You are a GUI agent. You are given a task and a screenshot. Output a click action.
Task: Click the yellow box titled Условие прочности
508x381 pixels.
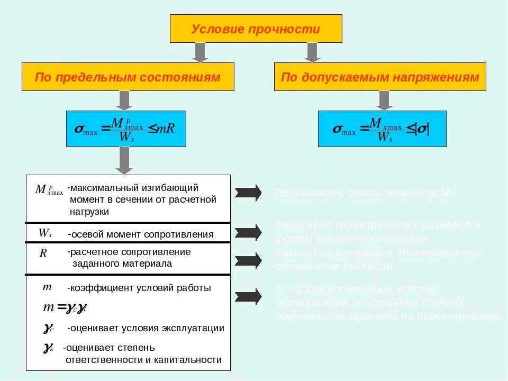tap(256, 29)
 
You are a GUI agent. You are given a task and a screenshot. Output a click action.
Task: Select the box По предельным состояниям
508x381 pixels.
tap(128, 77)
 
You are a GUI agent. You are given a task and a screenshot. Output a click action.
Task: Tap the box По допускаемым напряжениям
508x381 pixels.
tap(380, 77)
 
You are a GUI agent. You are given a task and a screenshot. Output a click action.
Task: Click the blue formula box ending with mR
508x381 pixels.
tap(126, 129)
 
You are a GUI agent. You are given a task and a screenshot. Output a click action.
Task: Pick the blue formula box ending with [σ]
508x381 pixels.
tap(382, 129)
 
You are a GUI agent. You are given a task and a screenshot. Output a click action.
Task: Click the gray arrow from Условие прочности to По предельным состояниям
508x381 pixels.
tap(199, 52)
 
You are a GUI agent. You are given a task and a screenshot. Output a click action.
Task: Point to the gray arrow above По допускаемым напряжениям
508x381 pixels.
tap(312, 52)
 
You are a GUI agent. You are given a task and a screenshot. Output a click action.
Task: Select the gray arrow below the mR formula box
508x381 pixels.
tap(124, 160)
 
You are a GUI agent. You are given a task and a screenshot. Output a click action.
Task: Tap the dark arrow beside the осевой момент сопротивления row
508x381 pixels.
tap(248, 232)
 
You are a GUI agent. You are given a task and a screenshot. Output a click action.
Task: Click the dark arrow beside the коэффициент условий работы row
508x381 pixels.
tap(248, 297)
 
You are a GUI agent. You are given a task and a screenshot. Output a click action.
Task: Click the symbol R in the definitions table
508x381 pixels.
tap(43, 253)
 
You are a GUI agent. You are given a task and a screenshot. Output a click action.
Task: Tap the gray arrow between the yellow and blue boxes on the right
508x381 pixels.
tap(384, 100)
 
